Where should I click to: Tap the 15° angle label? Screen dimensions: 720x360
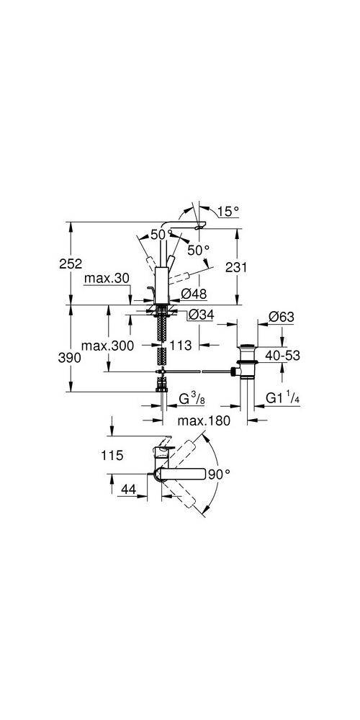pyautogui.click(x=228, y=212)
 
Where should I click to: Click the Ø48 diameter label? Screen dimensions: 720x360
pyautogui.click(x=194, y=293)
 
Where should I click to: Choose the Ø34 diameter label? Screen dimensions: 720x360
pyautogui.click(x=200, y=315)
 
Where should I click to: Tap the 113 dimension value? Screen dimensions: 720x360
pyautogui.click(x=182, y=346)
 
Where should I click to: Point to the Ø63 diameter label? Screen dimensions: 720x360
pyautogui.click(x=281, y=316)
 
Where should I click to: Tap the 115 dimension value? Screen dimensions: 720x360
pyautogui.click(x=113, y=455)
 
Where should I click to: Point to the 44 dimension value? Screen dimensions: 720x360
pyautogui.click(x=128, y=490)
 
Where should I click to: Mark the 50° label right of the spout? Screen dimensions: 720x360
pyautogui.click(x=198, y=250)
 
